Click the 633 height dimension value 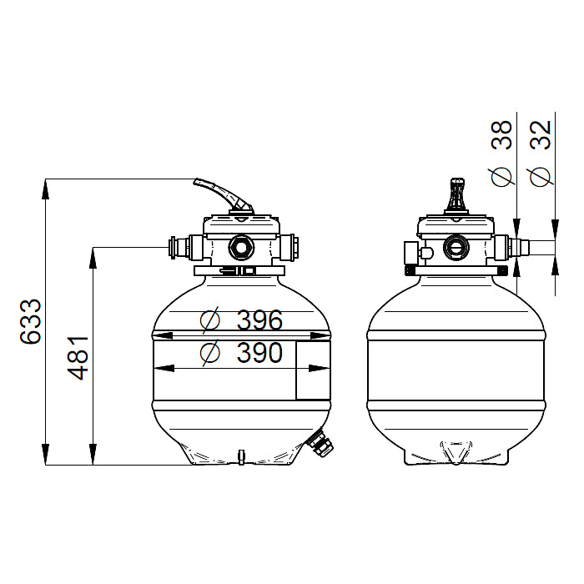(30, 321)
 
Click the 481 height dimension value (78, 358)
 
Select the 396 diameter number (259, 320)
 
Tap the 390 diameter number (259, 353)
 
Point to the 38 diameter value (501, 135)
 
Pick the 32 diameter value (540, 135)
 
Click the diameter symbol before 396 (210, 320)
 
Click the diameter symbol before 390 (210, 353)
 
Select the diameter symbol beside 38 (501, 176)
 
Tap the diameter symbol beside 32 (541, 176)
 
